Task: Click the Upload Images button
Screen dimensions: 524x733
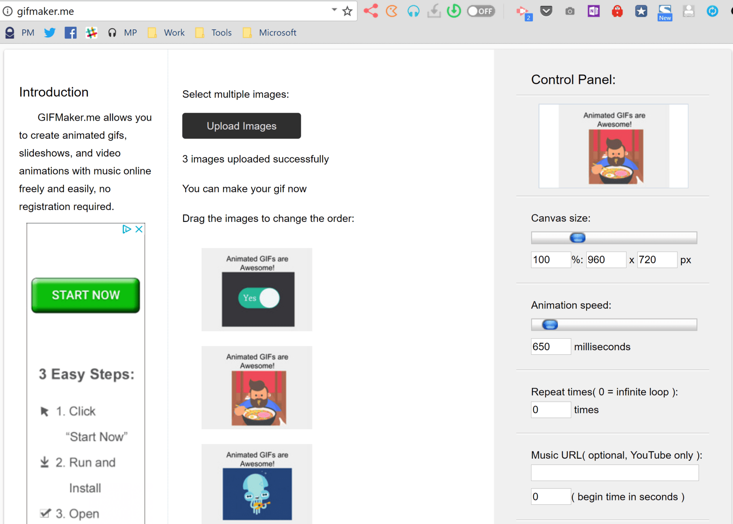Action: pyautogui.click(x=241, y=126)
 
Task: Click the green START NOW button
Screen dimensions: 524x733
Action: pyautogui.click(x=86, y=295)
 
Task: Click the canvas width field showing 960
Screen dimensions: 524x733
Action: pyautogui.click(x=606, y=260)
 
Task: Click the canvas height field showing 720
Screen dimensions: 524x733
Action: pyautogui.click(x=657, y=260)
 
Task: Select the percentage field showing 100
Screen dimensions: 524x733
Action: pyautogui.click(x=550, y=260)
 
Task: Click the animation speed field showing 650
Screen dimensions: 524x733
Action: pyautogui.click(x=550, y=347)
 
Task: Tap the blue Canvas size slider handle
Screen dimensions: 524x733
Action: pyautogui.click(x=577, y=238)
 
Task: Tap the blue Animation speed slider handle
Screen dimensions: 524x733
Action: pyautogui.click(x=550, y=325)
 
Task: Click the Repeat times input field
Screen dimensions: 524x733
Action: pyautogui.click(x=550, y=410)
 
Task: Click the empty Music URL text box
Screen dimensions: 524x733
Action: pyautogui.click(x=614, y=473)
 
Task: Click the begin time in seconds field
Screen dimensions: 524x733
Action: pyautogui.click(x=550, y=497)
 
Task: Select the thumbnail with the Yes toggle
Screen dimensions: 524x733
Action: pyautogui.click(x=257, y=289)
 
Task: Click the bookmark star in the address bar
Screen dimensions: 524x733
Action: pyautogui.click(x=347, y=11)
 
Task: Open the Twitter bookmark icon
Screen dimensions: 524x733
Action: pyautogui.click(x=50, y=33)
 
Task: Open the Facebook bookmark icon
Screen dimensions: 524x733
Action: pyautogui.click(x=71, y=33)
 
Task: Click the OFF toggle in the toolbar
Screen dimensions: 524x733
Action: pyautogui.click(x=481, y=11)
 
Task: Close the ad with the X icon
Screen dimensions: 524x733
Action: pyautogui.click(x=139, y=229)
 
